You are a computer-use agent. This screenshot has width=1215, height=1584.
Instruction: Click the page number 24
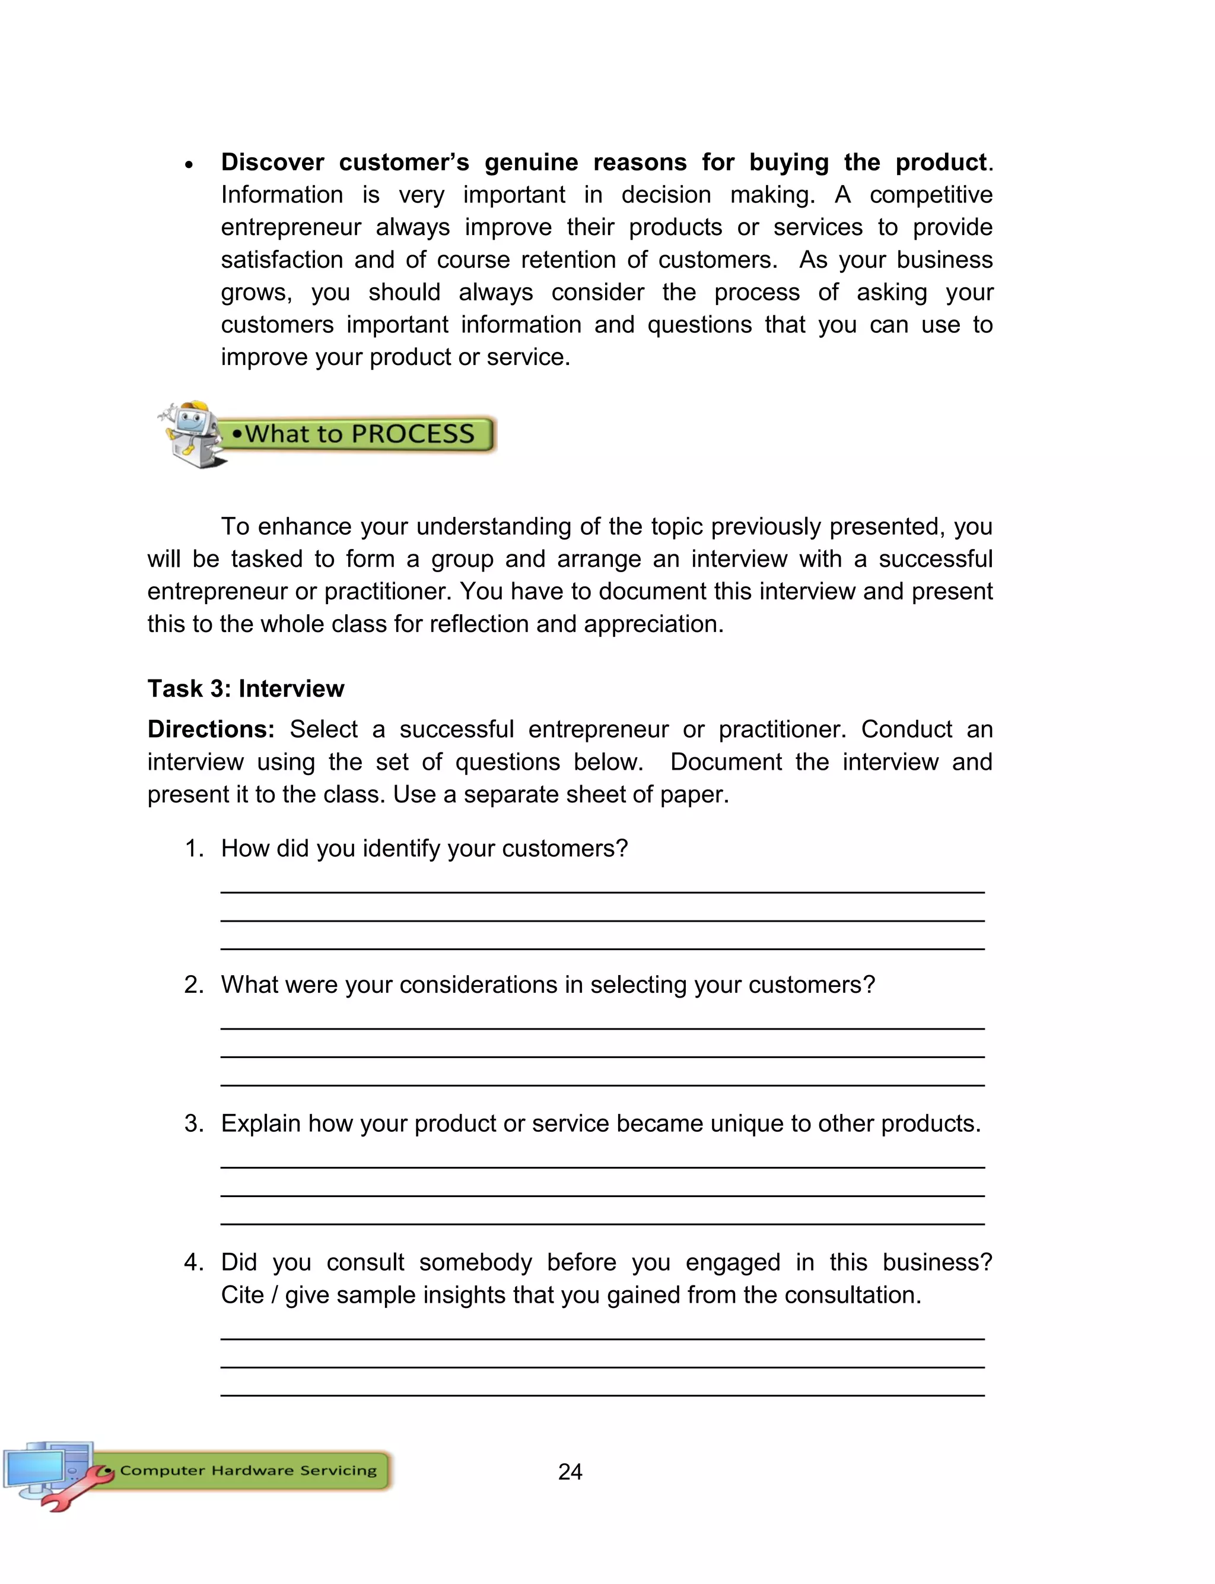tap(570, 1471)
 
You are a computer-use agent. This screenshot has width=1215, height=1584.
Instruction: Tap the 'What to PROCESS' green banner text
tap(360, 434)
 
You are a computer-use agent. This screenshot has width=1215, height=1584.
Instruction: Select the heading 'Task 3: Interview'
tap(246, 688)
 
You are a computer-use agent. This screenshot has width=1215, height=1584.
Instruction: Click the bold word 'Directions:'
tap(211, 729)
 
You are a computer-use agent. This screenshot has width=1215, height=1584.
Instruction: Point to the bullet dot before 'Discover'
tap(189, 165)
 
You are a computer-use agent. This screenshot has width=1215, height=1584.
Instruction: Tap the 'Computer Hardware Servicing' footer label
tap(248, 1471)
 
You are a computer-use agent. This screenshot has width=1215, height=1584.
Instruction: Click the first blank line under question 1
tap(602, 892)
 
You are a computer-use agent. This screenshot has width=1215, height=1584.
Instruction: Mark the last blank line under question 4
tap(602, 1395)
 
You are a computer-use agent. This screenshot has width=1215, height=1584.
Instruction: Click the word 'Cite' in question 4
tap(242, 1295)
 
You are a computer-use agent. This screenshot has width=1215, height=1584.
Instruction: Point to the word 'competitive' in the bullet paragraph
tap(931, 195)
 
